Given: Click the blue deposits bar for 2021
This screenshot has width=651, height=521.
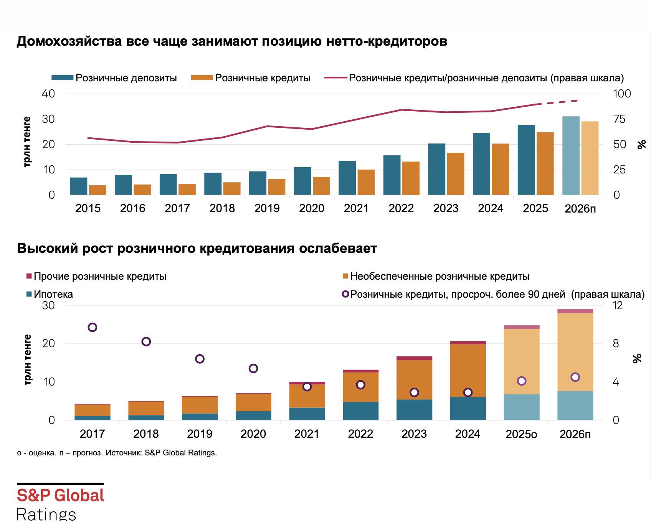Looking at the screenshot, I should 347,178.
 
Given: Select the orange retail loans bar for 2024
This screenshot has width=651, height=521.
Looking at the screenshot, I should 500,169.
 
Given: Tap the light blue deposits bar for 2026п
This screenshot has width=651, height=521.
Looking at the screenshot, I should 571,156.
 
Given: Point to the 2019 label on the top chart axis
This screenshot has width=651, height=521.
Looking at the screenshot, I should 267,208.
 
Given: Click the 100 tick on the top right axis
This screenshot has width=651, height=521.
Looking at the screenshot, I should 622,94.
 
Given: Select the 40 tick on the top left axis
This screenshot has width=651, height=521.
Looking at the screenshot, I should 48,94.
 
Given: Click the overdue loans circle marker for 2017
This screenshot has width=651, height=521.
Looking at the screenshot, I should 92,327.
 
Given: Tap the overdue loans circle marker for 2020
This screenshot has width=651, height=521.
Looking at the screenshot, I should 253,368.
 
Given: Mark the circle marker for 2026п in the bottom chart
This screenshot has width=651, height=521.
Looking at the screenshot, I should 575,377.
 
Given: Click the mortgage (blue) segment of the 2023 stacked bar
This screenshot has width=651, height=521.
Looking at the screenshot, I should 414,410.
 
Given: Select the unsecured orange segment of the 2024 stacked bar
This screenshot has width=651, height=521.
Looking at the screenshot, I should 468,370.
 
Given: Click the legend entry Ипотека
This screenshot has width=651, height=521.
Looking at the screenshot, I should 53,294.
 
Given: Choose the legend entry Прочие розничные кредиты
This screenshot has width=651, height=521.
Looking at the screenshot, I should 100,276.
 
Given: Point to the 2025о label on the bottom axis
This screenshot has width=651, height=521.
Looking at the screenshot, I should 521,434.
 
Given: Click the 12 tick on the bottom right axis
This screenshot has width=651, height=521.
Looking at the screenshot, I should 617,305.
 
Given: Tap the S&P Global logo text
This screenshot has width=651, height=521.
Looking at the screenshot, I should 60,495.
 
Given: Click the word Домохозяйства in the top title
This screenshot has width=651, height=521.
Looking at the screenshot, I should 69,41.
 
